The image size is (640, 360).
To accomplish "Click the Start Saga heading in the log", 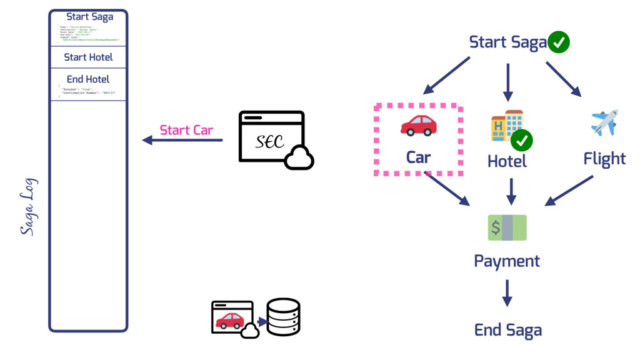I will pos(89,17).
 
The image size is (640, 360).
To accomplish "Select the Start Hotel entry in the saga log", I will pos(88,57).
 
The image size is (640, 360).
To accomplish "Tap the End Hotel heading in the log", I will pos(88,79).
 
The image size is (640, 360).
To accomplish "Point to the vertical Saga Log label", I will pos(27,207).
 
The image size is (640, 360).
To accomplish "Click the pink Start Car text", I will pos(186,130).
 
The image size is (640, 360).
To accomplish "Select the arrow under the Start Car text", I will pos(182,141).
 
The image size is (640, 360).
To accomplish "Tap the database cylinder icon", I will pos(283,317).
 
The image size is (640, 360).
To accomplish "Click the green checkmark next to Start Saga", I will pos(558,42).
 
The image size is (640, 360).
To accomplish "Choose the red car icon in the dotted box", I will pos(418,125).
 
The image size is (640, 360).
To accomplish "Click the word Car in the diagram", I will pos(418,157).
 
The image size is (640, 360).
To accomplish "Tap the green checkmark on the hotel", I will pos(521,141).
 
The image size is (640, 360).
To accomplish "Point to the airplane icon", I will pos(604,122).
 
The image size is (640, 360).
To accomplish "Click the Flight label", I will pos(604,159).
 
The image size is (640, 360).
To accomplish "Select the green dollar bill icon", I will pos(507,227).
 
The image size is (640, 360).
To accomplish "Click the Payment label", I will pos(507,261).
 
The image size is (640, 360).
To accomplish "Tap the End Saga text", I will pos(507,330).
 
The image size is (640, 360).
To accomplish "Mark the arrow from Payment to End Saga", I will pos(507,292).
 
